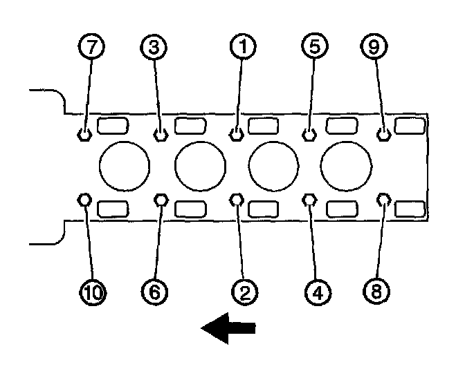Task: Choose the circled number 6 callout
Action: click(154, 292)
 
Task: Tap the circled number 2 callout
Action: click(243, 292)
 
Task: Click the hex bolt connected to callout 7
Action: click(84, 133)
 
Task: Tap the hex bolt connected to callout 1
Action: click(236, 133)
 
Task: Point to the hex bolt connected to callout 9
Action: click(385, 133)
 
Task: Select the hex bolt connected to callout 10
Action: click(84, 200)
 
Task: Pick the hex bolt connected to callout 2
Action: click(237, 200)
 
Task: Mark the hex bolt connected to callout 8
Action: click(385, 200)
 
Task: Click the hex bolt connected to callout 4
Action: click(310, 200)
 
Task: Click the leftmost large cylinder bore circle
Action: click(125, 167)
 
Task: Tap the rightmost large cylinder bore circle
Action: click(346, 167)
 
